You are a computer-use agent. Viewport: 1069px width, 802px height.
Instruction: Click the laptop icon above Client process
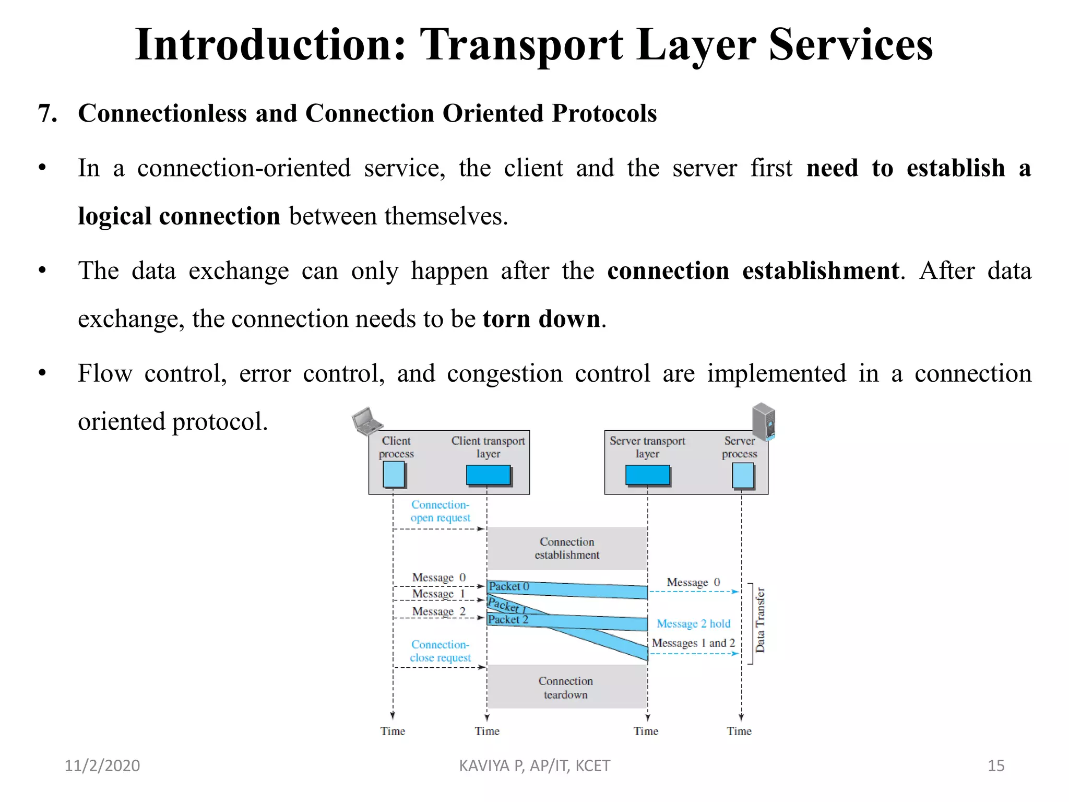[x=367, y=421]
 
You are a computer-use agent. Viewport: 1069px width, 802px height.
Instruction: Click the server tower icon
[x=764, y=421]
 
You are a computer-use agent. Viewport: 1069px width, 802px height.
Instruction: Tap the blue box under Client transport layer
[x=489, y=475]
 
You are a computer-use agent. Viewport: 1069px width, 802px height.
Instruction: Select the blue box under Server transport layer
[x=648, y=475]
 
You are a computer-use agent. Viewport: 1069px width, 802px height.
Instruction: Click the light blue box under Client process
[x=394, y=475]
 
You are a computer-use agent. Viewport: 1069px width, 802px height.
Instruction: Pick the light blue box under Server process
[x=743, y=475]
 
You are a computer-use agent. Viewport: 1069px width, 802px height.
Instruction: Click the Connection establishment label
[x=567, y=548]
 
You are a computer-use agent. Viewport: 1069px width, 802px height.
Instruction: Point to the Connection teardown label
[x=566, y=688]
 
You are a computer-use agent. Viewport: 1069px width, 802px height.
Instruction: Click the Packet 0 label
[x=509, y=586]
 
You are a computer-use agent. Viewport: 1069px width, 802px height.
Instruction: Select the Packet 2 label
[x=508, y=620]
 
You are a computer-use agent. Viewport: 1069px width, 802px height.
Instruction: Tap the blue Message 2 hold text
[x=693, y=623]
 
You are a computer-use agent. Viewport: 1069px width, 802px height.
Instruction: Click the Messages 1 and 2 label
[x=693, y=643]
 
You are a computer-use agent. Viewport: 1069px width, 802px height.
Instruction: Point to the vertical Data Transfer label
[x=760, y=620]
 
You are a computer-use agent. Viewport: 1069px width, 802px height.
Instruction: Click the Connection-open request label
[x=440, y=511]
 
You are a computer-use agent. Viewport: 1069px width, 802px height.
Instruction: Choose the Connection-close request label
[x=440, y=651]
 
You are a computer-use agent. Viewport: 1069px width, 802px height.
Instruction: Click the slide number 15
[x=996, y=765]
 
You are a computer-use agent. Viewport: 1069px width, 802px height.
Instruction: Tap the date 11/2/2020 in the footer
[x=102, y=765]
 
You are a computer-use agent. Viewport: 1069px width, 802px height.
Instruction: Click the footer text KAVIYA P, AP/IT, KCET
[x=534, y=765]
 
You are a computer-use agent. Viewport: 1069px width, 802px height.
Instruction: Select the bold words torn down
[x=541, y=319]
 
